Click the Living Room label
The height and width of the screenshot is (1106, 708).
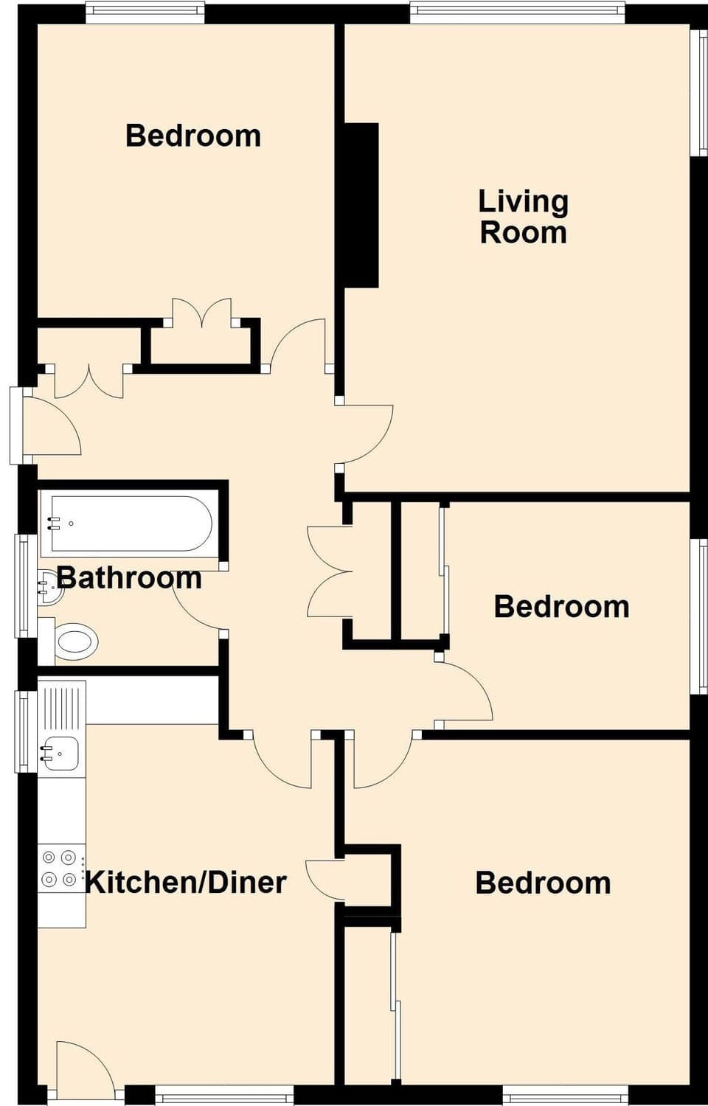pyautogui.click(x=523, y=217)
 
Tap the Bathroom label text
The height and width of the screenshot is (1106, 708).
pyautogui.click(x=129, y=577)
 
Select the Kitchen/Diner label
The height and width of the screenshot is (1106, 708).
pyautogui.click(x=186, y=882)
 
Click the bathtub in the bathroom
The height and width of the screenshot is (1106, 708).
pyautogui.click(x=127, y=524)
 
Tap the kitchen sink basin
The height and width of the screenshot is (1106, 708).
pyautogui.click(x=60, y=753)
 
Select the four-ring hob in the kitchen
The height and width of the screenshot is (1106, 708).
pyautogui.click(x=60, y=868)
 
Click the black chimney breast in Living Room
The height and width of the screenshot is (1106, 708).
pyautogui.click(x=362, y=205)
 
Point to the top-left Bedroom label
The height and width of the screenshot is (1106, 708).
pyautogui.click(x=193, y=136)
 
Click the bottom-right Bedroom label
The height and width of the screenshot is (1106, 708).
pyautogui.click(x=543, y=883)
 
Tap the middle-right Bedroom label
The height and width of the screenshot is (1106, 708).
pyautogui.click(x=561, y=607)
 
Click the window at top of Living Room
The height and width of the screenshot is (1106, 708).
pyautogui.click(x=517, y=10)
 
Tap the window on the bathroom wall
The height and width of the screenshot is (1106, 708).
pyautogui.click(x=24, y=585)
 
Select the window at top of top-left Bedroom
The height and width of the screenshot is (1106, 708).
pyautogui.click(x=145, y=10)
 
